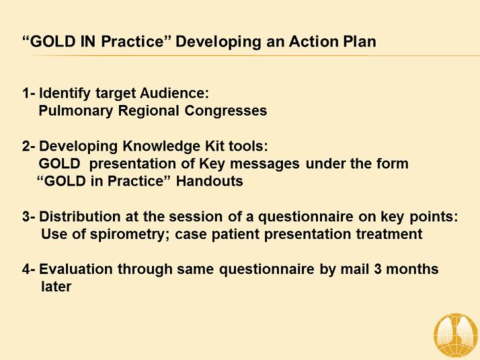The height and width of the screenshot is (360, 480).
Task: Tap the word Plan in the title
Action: click(359, 42)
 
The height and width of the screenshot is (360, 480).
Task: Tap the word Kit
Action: click(202, 146)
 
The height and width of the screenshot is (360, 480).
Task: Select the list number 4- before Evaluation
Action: click(29, 269)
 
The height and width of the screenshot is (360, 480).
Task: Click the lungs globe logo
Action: click(455, 334)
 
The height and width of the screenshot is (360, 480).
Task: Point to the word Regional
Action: click(143, 110)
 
